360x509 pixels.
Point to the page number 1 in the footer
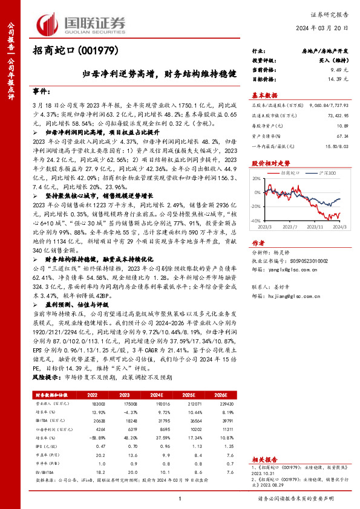(180, 498)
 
